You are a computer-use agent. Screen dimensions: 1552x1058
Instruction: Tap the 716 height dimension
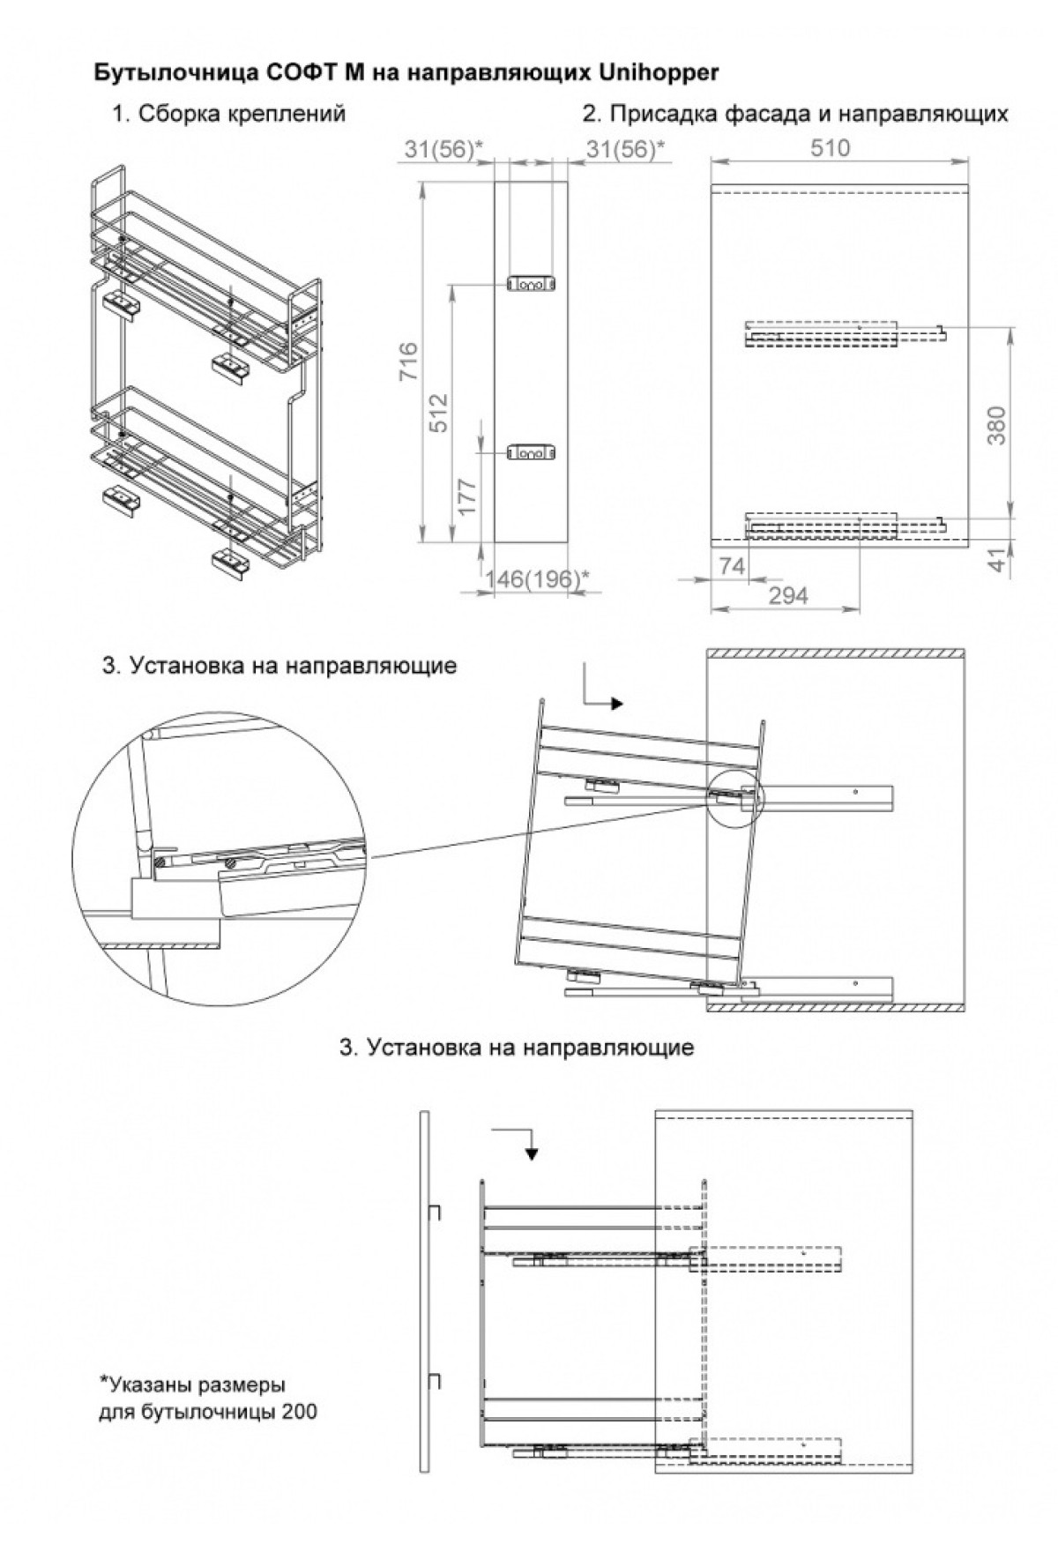(409, 362)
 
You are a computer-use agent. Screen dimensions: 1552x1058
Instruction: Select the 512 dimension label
(438, 412)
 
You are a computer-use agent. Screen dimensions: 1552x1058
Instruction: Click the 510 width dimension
(831, 148)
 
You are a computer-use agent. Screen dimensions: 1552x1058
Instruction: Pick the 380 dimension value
(997, 425)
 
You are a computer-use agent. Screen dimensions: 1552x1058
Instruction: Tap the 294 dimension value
(788, 596)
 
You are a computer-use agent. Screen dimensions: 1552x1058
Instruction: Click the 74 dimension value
(731, 566)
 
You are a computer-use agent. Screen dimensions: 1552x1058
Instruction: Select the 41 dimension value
(997, 561)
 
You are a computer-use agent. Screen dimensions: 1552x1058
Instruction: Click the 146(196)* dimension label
(537, 578)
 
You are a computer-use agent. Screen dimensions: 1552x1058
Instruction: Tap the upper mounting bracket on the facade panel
(532, 285)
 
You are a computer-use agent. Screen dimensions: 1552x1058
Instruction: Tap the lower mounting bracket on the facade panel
(532, 453)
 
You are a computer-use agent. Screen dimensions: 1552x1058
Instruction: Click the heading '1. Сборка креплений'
(228, 114)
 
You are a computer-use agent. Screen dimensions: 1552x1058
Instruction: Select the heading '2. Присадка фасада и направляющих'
(794, 114)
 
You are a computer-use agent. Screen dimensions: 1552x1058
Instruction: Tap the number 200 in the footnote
(301, 1412)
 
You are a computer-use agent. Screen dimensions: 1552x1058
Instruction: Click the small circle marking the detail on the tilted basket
(734, 797)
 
